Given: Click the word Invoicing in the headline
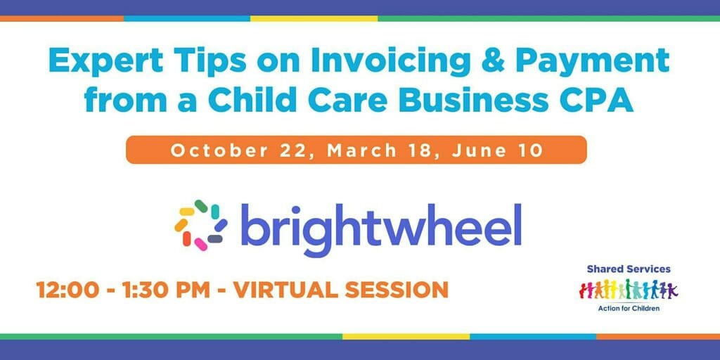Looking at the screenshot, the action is pyautogui.click(x=390, y=62).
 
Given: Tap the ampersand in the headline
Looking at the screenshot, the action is pyautogui.click(x=499, y=60).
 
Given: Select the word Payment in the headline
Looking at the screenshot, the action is pyautogui.click(x=599, y=63).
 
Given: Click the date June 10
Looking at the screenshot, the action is pyautogui.click(x=498, y=151).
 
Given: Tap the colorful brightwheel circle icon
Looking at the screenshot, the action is pyautogui.click(x=200, y=225).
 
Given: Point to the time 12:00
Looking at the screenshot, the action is pyautogui.click(x=67, y=290).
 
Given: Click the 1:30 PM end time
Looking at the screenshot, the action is pyautogui.click(x=165, y=290).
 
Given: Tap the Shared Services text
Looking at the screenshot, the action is pyautogui.click(x=629, y=269).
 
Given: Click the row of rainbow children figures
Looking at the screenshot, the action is pyautogui.click(x=629, y=289).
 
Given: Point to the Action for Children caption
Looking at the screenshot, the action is pyautogui.click(x=629, y=309).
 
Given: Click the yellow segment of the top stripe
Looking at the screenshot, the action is pyautogui.click(x=314, y=19).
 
